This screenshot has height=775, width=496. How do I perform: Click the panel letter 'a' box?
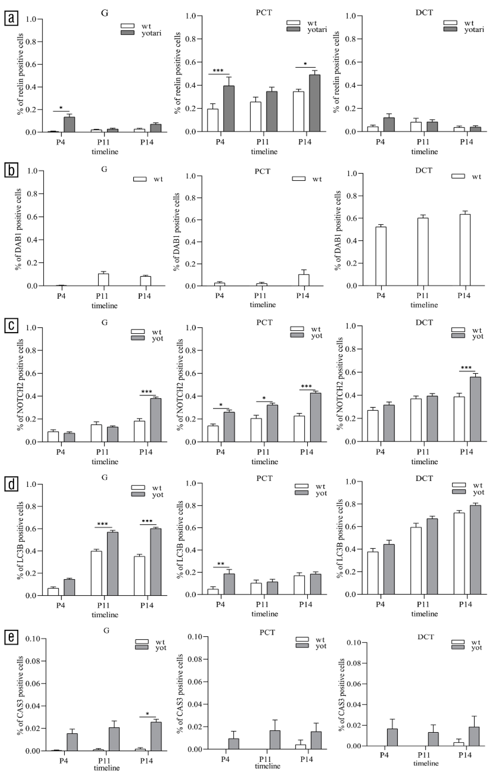(x=12, y=19)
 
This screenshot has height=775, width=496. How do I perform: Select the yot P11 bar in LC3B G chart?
(x=113, y=563)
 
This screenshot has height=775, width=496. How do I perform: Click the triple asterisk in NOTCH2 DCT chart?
(x=466, y=368)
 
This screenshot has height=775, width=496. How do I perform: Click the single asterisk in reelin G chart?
(x=61, y=108)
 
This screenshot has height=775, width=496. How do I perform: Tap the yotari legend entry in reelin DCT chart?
(x=464, y=30)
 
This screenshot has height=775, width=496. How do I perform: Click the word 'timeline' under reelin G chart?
(x=105, y=152)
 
